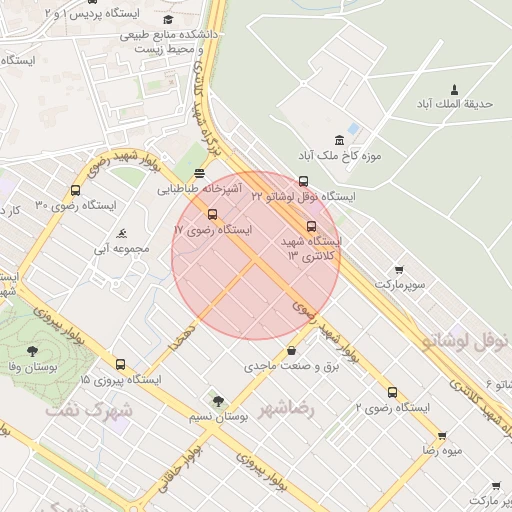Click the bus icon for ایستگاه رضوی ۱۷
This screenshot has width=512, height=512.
(x=211, y=214)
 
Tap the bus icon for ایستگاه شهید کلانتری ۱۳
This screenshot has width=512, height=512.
(x=311, y=226)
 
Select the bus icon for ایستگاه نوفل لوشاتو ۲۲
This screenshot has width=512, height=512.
(x=304, y=181)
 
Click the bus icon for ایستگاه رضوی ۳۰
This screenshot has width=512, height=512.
(x=75, y=191)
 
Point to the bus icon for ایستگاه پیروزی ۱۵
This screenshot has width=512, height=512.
(x=121, y=365)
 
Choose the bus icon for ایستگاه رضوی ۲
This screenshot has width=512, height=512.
(x=392, y=392)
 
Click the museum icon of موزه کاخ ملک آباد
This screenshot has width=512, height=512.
(x=340, y=139)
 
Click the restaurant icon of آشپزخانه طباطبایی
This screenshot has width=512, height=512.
(x=200, y=172)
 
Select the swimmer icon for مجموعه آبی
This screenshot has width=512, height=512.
(x=122, y=232)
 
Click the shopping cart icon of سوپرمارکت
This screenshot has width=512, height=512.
(x=400, y=270)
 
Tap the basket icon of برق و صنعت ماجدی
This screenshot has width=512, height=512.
(x=291, y=351)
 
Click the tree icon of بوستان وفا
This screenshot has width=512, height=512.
(x=32, y=351)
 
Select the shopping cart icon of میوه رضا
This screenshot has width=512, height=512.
(x=442, y=436)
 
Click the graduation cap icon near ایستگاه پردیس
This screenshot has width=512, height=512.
(x=167, y=19)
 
